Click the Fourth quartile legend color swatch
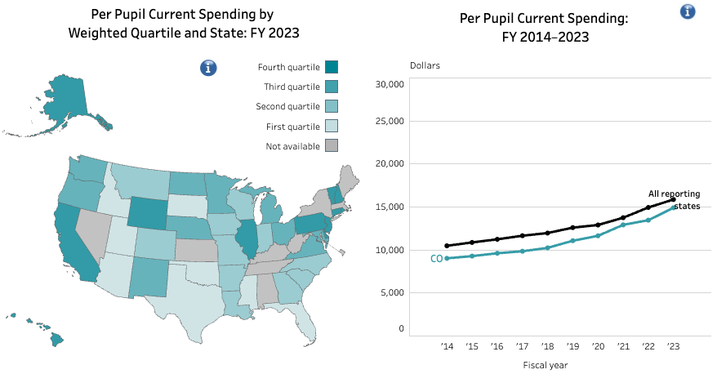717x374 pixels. click(331, 67)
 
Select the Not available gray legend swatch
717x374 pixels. click(331, 145)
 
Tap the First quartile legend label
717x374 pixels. click(293, 127)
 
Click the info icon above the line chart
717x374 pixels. click(688, 11)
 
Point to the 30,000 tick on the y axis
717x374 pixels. click(390, 84)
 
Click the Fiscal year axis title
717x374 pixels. click(545, 365)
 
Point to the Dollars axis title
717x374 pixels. click(425, 65)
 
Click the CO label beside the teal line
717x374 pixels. click(437, 259)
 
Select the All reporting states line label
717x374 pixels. click(674, 200)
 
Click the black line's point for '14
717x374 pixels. click(447, 246)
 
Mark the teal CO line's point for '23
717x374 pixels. click(673, 207)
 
